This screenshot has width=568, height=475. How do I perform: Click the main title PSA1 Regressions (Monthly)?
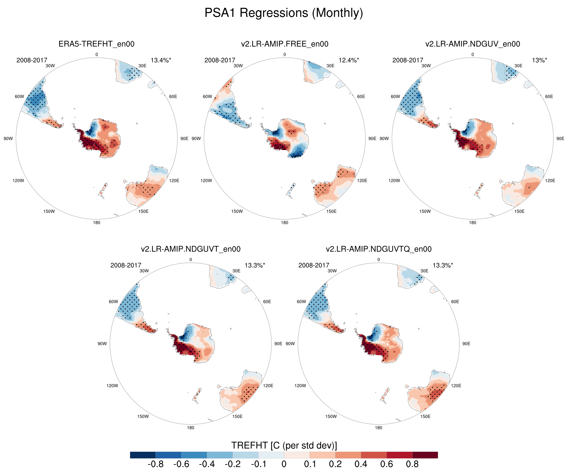(x=283, y=13)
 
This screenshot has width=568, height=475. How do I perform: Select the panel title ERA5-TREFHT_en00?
(x=96, y=44)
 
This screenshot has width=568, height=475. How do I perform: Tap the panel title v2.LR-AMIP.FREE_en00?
(x=285, y=44)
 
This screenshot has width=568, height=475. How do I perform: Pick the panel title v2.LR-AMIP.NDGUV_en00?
(x=472, y=44)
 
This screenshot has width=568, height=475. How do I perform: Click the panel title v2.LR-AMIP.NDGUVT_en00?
(x=191, y=249)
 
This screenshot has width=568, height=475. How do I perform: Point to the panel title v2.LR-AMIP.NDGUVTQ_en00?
(x=378, y=249)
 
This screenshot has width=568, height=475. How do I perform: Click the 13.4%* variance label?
(x=161, y=60)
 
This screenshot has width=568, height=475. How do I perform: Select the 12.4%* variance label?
(x=349, y=60)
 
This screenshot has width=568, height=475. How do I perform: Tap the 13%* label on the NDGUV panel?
(x=539, y=60)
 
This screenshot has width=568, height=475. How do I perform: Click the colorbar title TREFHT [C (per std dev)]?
(x=284, y=445)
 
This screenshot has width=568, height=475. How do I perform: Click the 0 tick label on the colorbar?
(x=284, y=464)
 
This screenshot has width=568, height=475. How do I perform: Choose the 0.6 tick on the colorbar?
(x=387, y=464)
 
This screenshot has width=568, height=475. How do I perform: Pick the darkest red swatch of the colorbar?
(x=425, y=455)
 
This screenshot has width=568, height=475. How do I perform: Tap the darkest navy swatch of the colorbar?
(x=143, y=455)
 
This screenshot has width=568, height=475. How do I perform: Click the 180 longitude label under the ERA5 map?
(x=97, y=223)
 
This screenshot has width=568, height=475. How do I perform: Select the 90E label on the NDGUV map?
(x=560, y=138)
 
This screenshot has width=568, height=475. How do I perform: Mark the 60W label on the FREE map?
(x=207, y=96)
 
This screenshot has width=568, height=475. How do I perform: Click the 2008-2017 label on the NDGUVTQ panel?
(x=314, y=265)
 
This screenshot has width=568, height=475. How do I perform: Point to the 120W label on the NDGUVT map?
(x=112, y=386)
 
